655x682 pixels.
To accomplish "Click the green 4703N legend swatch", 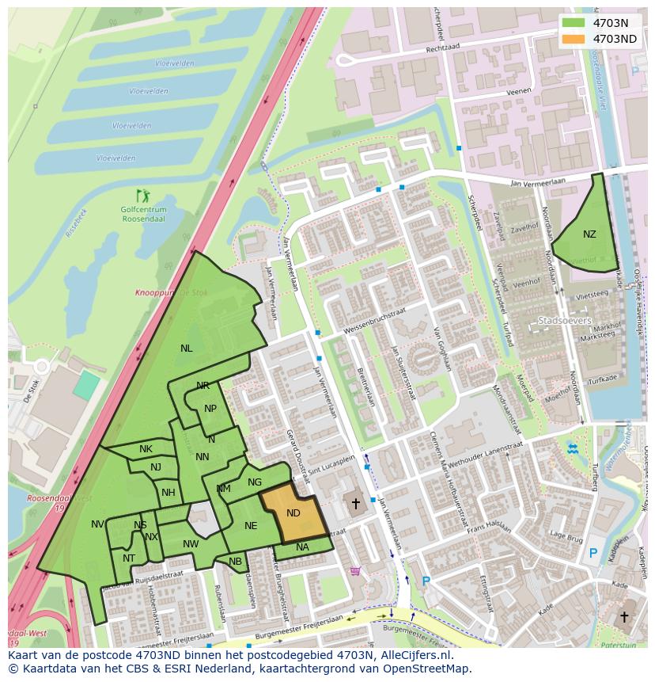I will (575, 23).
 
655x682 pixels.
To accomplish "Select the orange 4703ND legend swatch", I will (575, 38).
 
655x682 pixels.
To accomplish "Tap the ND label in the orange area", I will (293, 513).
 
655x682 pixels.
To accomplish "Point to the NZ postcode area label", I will (589, 234).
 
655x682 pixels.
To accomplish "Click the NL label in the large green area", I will (186, 348).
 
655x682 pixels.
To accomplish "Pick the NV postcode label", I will (97, 524).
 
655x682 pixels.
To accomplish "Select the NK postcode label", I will (146, 449).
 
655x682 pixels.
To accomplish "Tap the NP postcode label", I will (210, 409).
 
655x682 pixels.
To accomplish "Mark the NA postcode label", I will (302, 547).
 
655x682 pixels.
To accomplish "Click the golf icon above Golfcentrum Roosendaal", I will (142, 195).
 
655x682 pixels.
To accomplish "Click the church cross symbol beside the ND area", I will (356, 503).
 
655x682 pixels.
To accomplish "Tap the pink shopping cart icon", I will (355, 570).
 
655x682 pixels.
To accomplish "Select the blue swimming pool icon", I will (572, 449).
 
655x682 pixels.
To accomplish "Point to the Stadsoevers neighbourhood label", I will (564, 321).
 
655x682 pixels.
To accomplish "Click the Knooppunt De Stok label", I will (171, 293).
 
